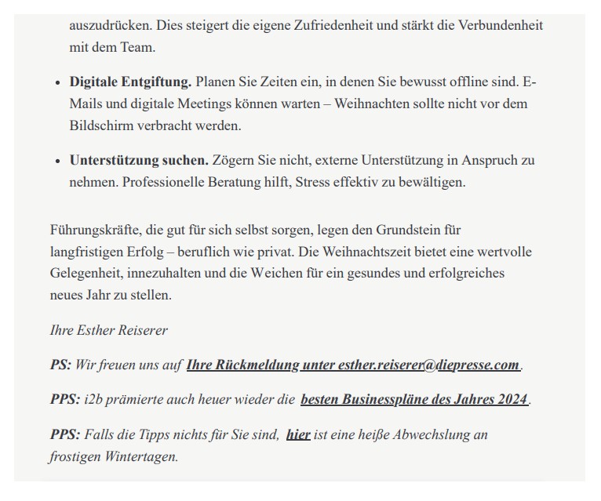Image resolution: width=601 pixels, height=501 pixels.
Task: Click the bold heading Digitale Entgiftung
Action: click(130, 82)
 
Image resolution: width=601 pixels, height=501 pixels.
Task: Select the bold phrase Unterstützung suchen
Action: click(139, 160)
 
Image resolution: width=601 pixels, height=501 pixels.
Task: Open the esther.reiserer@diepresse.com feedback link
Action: click(353, 365)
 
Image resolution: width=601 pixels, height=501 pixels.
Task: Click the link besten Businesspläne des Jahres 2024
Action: click(414, 399)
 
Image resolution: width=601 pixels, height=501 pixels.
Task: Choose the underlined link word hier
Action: click(298, 434)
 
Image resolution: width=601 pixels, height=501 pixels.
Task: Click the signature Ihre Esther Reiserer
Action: click(108, 330)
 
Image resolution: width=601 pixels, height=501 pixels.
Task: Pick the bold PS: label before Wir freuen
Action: click(60, 365)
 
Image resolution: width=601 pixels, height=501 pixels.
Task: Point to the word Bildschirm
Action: click(102, 125)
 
